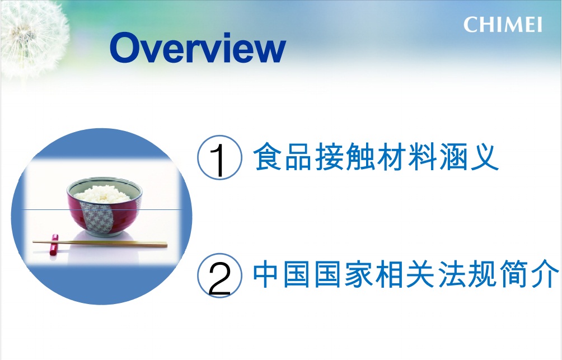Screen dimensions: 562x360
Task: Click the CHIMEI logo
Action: click(x=503, y=25)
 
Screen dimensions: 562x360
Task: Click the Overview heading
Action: click(x=198, y=48)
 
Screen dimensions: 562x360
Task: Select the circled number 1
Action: click(x=220, y=157)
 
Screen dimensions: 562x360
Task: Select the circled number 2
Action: click(x=220, y=275)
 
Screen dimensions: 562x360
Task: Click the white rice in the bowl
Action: click(x=103, y=194)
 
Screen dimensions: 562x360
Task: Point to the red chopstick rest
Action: click(x=54, y=245)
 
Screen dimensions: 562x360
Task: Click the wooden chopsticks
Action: click(x=100, y=244)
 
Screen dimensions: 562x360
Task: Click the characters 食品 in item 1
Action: click(x=283, y=157)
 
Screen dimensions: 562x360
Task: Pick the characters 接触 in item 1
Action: click(x=345, y=157)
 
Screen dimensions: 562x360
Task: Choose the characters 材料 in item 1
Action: click(x=406, y=157)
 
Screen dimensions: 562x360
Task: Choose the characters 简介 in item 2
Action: click(x=530, y=274)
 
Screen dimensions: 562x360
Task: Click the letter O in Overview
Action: click(x=125, y=48)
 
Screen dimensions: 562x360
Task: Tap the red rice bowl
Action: click(x=104, y=207)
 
